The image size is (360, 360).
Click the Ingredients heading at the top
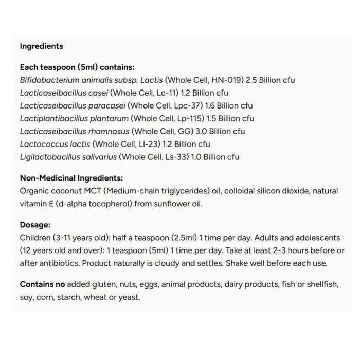[x=41, y=46]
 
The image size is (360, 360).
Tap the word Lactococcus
[x=42, y=144]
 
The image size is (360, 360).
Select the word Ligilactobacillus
[x=49, y=157]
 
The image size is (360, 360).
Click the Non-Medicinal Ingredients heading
[x=71, y=178]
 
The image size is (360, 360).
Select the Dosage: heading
[x=35, y=225]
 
